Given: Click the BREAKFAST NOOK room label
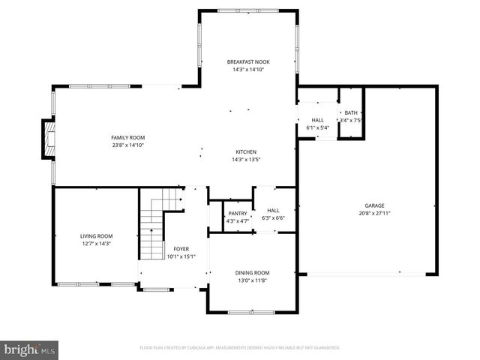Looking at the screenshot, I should pyautogui.click(x=248, y=61).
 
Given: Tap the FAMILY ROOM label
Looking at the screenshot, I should pyautogui.click(x=127, y=137).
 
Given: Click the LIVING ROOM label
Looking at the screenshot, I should pyautogui.click(x=95, y=236).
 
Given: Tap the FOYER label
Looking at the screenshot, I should pyautogui.click(x=181, y=249).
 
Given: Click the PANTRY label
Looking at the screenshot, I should pyautogui.click(x=238, y=214).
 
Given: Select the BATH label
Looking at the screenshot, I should pyautogui.click(x=350, y=112).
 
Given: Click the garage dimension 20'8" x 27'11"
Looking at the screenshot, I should pyautogui.click(x=374, y=212).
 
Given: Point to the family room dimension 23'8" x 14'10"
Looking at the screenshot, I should pyautogui.click(x=127, y=145).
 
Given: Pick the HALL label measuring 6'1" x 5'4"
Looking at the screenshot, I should pyautogui.click(x=317, y=120).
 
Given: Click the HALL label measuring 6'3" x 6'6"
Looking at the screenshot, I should pyautogui.click(x=273, y=211).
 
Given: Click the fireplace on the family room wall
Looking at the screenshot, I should pyautogui.click(x=49, y=140).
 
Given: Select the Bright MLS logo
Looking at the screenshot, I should pyautogui.click(x=30, y=349).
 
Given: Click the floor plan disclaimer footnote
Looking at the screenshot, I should pyautogui.click(x=240, y=348).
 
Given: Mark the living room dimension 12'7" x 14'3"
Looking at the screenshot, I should pyautogui.click(x=95, y=244).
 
